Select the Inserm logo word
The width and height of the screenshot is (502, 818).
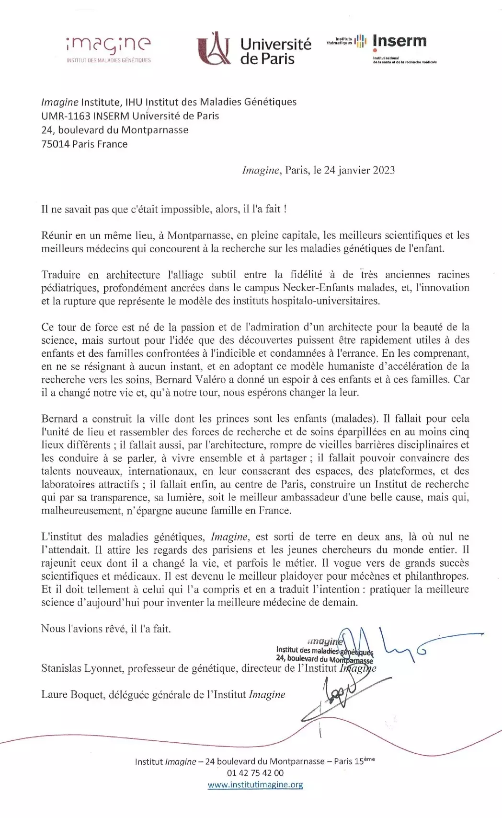pos(399,41)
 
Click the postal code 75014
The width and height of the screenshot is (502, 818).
pos(55,144)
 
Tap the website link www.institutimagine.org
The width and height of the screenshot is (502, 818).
pos(255,785)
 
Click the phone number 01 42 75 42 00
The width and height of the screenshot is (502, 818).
pos(255,773)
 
